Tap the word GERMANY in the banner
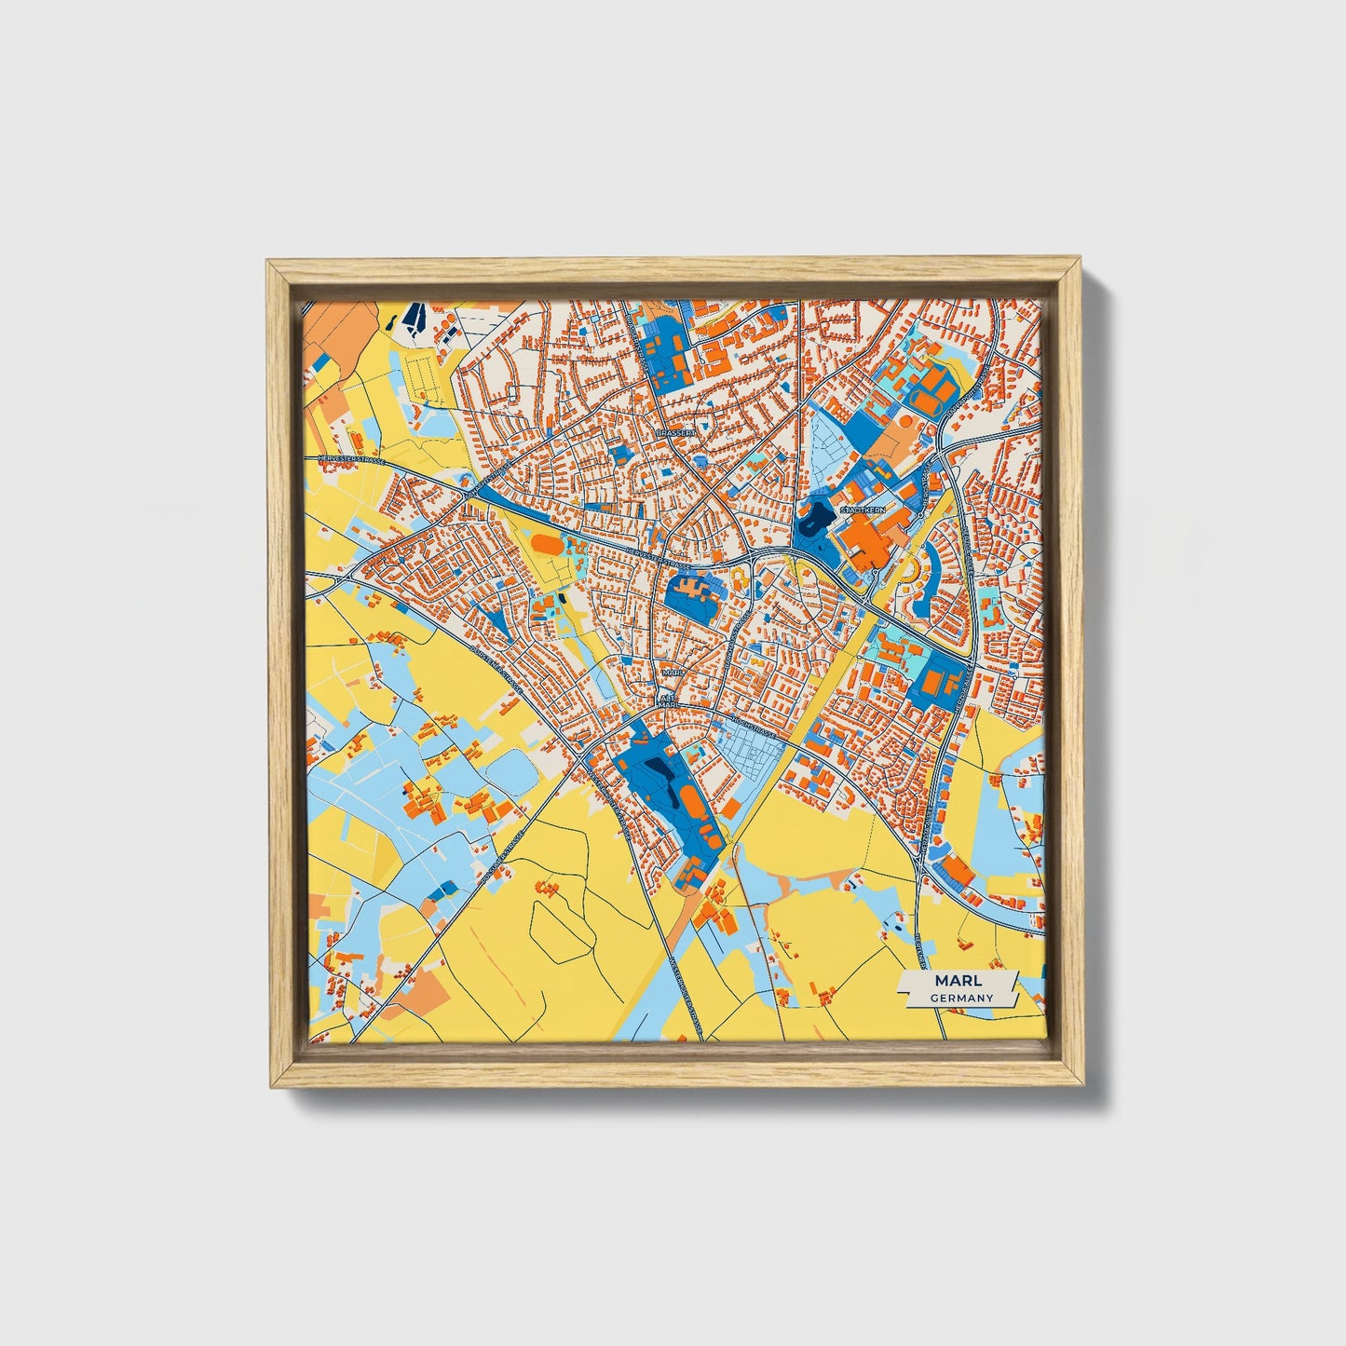click(959, 998)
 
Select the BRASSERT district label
click(675, 434)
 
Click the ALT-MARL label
click(666, 700)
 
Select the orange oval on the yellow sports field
click(545, 542)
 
